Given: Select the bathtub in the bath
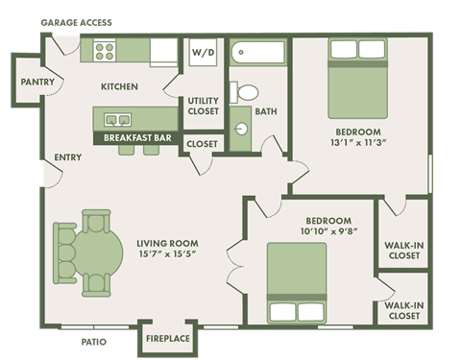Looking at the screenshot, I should tap(257, 54).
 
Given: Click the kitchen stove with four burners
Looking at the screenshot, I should tap(104, 51).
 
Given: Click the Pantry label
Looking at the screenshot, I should tap(36, 83).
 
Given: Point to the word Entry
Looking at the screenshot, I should tap(67, 157).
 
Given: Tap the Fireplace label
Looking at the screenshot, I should tap(168, 339).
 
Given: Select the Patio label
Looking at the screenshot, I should tap(93, 341).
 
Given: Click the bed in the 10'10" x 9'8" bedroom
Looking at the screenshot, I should tap(296, 283).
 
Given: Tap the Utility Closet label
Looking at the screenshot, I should tap(203, 106).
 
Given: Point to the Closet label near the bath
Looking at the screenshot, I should tap(202, 144).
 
